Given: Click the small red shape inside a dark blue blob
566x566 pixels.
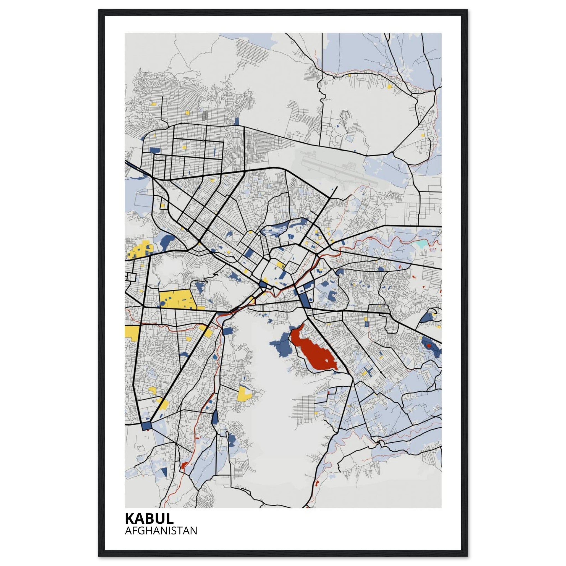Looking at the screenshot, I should pyautogui.click(x=429, y=346).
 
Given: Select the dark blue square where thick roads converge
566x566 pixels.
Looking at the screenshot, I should pyautogui.click(x=146, y=426).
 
